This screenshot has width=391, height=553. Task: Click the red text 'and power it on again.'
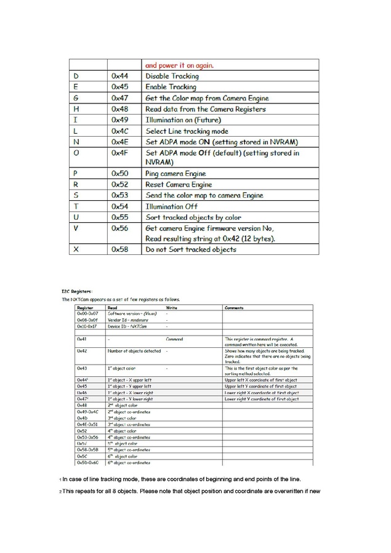[x=179, y=65]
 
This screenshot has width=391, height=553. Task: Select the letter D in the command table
[x=76, y=76]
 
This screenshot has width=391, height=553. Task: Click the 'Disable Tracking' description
[x=172, y=76]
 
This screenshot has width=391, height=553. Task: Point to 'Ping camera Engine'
[x=175, y=174]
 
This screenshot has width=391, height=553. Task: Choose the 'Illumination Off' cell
[x=171, y=206]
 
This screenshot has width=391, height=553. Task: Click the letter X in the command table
[x=76, y=249]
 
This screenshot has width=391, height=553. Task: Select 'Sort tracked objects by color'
[x=193, y=217]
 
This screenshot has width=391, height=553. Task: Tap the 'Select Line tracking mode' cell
[x=187, y=131]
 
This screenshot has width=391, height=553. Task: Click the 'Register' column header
[x=85, y=307]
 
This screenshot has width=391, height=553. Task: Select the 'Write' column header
[x=172, y=307]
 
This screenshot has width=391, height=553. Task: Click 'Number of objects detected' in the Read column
[x=134, y=351]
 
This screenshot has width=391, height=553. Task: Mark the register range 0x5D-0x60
[x=88, y=462]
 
